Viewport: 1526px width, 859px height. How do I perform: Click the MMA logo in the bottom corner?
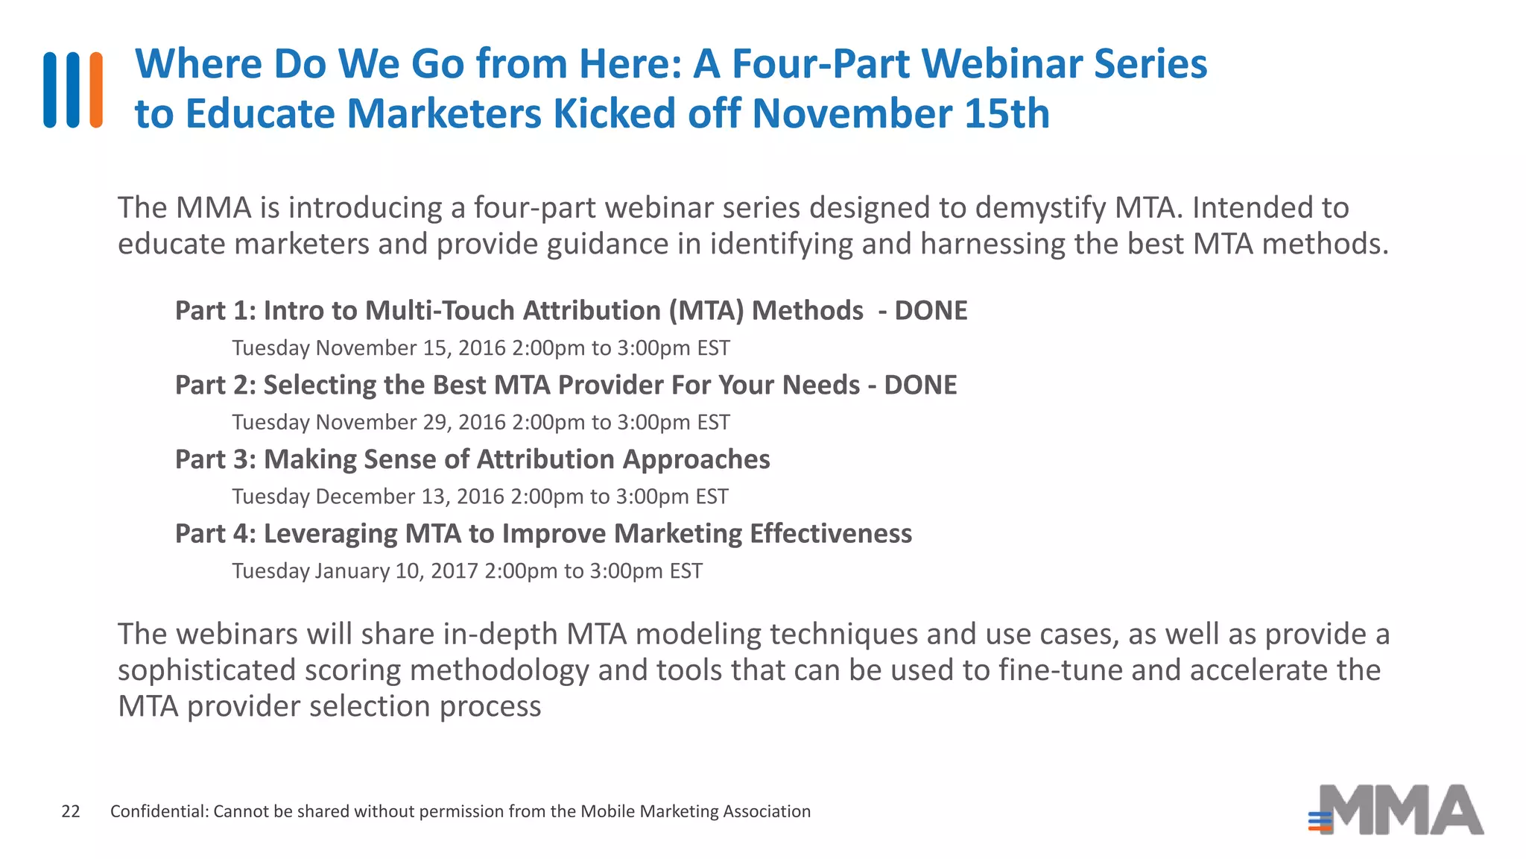click(x=1396, y=810)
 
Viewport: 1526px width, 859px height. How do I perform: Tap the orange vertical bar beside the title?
click(x=96, y=89)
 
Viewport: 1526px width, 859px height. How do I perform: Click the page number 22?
click(x=71, y=811)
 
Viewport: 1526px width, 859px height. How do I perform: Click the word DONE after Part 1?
click(x=931, y=310)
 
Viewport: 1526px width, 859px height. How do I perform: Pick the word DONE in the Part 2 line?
click(x=920, y=385)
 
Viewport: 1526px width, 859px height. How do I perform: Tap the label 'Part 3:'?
click(x=215, y=459)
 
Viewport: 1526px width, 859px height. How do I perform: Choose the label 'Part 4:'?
click(x=215, y=534)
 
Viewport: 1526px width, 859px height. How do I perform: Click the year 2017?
click(x=454, y=571)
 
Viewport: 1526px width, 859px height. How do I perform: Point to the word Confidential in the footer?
click(x=159, y=811)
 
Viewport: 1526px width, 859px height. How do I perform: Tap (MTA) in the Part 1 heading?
click(x=706, y=310)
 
